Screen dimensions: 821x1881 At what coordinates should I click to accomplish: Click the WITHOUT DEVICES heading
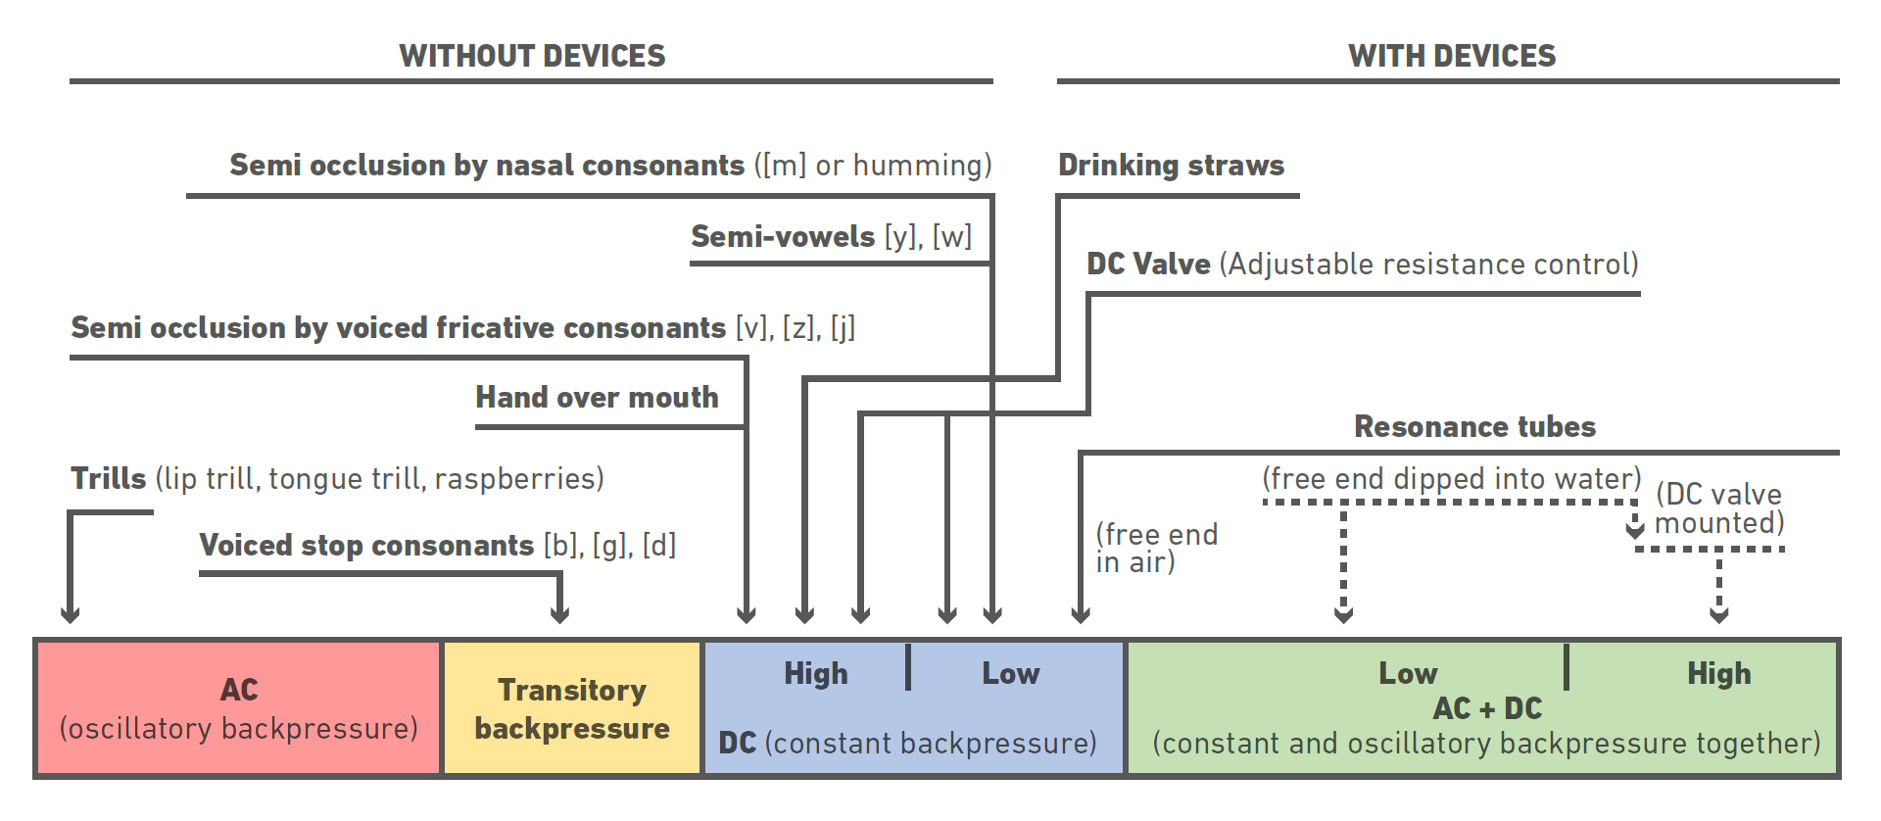pyautogui.click(x=532, y=56)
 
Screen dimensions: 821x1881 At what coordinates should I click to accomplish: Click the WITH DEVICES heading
pyautogui.click(x=1451, y=56)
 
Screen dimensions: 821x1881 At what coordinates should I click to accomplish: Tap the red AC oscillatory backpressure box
pyautogui.click(x=238, y=708)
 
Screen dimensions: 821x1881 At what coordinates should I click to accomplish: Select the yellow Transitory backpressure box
pyautogui.click(x=572, y=708)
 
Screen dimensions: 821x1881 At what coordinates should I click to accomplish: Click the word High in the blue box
pyautogui.click(x=815, y=674)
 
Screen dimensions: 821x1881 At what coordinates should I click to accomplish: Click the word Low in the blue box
pyautogui.click(x=1010, y=674)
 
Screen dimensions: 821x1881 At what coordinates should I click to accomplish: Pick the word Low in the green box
pyautogui.click(x=1408, y=674)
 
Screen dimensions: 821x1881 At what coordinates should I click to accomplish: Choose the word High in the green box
pyautogui.click(x=1718, y=674)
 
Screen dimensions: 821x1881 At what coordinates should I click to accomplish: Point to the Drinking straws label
pyautogui.click(x=1171, y=165)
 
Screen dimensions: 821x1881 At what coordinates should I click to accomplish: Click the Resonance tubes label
pyautogui.click(x=1474, y=426)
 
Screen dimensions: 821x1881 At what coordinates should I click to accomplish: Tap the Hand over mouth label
pyautogui.click(x=597, y=397)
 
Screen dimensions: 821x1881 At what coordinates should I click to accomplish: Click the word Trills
pyautogui.click(x=108, y=478)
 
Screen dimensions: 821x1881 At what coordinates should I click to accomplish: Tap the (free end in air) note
pyautogui.click(x=1156, y=548)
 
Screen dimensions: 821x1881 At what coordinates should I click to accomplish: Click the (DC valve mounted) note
pyautogui.click(x=1718, y=508)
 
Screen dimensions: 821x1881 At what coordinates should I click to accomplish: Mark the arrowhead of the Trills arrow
pyautogui.click(x=70, y=614)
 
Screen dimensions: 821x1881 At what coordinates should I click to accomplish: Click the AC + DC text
pyautogui.click(x=1486, y=708)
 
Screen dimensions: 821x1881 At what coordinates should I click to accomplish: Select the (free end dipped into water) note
pyautogui.click(x=1451, y=478)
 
